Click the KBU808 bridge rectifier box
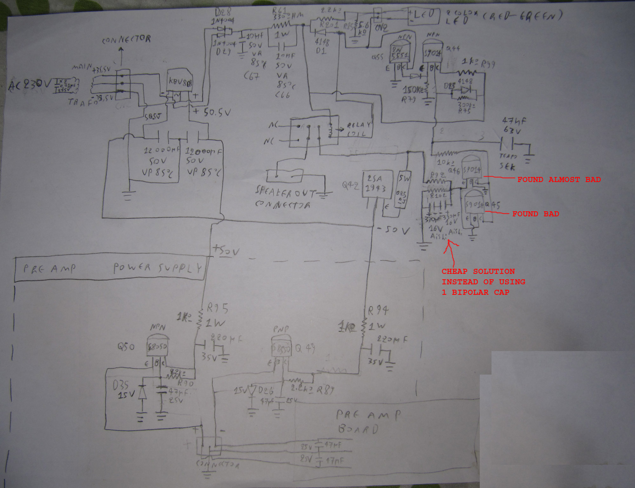[x=179, y=81]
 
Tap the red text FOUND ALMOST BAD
[x=559, y=180]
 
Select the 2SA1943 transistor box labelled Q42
[x=377, y=184]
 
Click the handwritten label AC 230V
[x=29, y=85]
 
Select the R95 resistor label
[x=217, y=308]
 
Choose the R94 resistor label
[x=378, y=310]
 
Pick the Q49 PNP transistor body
[x=281, y=348]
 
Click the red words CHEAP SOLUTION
[x=478, y=271]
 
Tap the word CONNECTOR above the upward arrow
[x=126, y=39]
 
